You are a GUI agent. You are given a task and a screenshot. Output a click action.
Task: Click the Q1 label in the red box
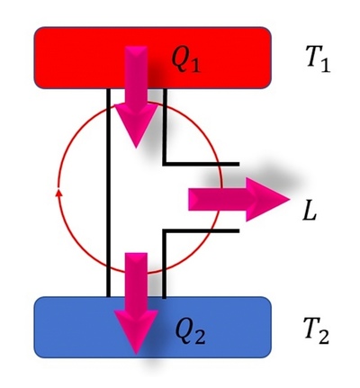[185, 59]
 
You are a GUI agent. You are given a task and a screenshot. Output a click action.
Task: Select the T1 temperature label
[318, 59]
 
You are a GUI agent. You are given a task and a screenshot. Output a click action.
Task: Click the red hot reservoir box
[153, 58]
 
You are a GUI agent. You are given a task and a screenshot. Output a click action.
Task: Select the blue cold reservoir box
[153, 327]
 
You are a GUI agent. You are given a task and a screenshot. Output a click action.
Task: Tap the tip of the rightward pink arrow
[290, 199]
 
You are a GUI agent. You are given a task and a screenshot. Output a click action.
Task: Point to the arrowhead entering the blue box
[136, 331]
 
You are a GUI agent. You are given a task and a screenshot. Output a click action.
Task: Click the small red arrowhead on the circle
[59, 193]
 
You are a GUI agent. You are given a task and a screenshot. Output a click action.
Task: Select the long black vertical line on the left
[108, 193]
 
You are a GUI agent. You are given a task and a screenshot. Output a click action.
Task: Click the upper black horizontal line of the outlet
[201, 164]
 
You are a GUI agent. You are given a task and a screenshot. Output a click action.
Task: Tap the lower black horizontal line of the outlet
[201, 230]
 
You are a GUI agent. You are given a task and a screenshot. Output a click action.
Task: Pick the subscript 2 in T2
[323, 337]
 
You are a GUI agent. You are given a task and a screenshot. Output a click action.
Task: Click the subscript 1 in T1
[325, 65]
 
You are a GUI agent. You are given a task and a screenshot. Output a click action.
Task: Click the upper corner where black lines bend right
[165, 164]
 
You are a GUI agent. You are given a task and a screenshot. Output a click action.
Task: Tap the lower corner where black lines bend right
[165, 230]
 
